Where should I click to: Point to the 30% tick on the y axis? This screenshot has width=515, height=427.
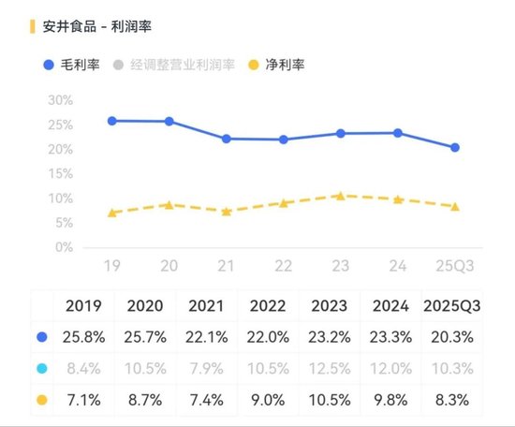click(x=60, y=100)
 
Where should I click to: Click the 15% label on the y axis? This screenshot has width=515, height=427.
click(x=60, y=174)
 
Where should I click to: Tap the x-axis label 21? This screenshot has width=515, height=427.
click(x=226, y=266)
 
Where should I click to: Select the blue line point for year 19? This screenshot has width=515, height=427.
click(x=112, y=121)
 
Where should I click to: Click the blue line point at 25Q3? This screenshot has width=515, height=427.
click(x=455, y=147)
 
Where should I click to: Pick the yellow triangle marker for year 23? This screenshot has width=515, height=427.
click(x=341, y=195)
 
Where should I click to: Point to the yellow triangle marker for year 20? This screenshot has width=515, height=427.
click(x=169, y=203)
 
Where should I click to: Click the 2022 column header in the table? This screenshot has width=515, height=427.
click(x=268, y=305)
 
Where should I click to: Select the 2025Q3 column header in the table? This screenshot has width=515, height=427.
click(x=453, y=305)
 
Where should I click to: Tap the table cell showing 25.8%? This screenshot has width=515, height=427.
click(x=83, y=336)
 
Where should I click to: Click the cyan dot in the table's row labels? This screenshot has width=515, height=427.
click(x=42, y=368)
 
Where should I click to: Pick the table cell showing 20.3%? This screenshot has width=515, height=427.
click(x=453, y=336)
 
